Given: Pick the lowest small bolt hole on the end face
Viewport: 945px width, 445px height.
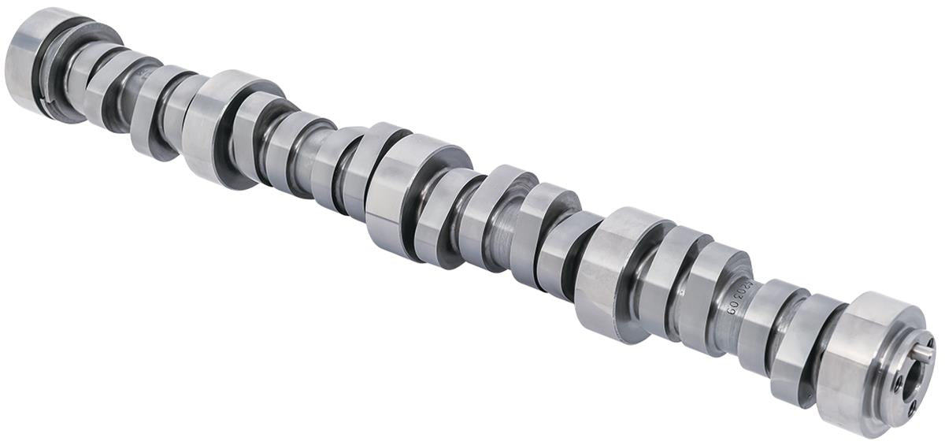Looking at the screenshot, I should click(x=912, y=409).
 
